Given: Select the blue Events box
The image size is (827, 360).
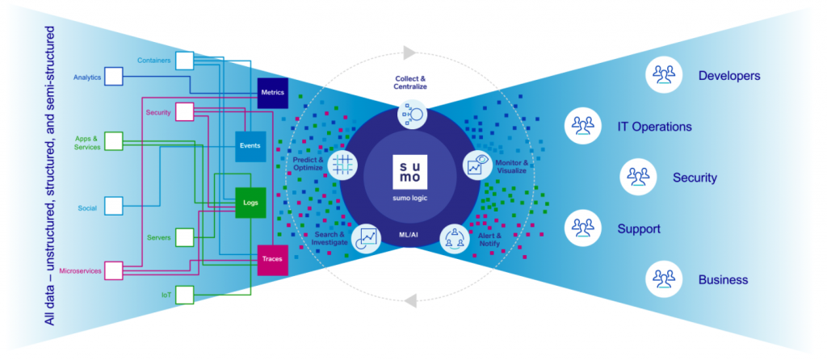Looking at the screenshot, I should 250,146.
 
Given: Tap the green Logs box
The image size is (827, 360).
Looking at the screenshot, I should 250,203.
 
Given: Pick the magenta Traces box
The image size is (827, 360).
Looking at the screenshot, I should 272,259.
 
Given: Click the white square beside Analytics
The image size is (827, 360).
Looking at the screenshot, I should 112,77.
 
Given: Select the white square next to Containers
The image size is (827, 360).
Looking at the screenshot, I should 185,61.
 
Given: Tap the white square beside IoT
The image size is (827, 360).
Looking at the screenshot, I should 185,294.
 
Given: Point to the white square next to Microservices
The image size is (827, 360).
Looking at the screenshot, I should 112,270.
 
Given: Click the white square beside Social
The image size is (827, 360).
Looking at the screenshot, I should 112,207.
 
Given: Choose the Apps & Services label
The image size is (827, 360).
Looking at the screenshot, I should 86,142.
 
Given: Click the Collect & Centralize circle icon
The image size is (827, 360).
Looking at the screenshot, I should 413,115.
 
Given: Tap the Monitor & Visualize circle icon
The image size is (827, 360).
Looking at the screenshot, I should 476,165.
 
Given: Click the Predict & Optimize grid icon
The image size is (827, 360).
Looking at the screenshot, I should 343,165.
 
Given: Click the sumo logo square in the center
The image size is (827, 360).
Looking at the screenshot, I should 412,173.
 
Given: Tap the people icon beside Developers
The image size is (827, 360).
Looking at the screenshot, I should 663,75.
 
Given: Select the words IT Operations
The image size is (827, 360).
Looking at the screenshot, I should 654,127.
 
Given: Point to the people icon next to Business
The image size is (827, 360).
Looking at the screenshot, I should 663,279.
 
